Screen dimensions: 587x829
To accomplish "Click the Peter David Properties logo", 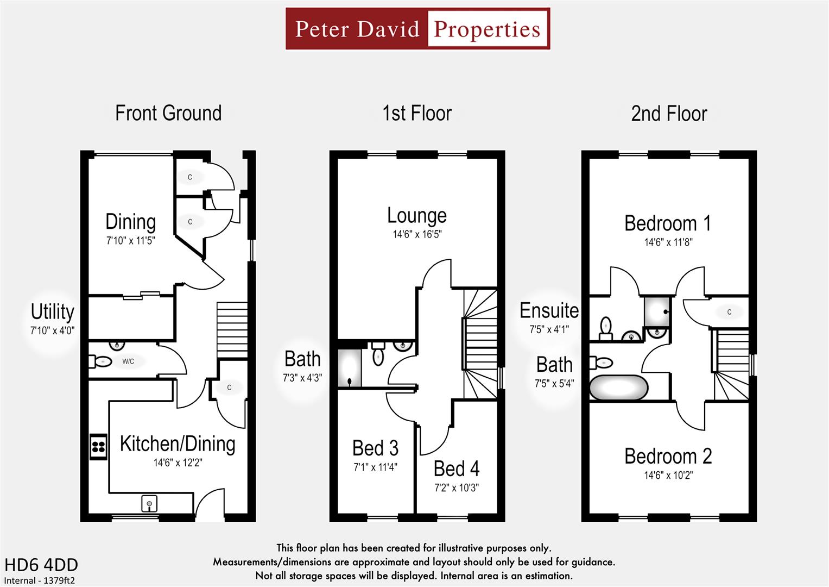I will tap(417, 29).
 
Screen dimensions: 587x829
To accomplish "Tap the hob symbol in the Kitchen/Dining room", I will tap(98, 447).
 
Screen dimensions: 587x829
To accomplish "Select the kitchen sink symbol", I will tap(149, 504).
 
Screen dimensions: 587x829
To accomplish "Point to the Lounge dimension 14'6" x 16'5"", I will tap(417, 235).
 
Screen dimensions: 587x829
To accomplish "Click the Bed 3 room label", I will tap(375, 448).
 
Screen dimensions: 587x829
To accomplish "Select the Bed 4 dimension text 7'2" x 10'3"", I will tap(456, 488).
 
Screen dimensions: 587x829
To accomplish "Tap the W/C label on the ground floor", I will tap(128, 361).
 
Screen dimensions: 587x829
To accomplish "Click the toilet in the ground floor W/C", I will tap(102, 361).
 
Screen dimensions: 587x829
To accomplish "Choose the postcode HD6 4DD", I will tap(41, 565).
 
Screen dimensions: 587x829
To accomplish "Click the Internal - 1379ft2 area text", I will tap(40, 580).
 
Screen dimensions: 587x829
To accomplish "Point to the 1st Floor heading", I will tap(417, 114).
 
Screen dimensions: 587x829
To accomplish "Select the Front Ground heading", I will tap(168, 113).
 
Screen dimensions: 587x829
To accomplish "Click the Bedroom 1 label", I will tap(667, 223).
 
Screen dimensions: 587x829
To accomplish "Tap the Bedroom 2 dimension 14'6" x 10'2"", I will tap(668, 476).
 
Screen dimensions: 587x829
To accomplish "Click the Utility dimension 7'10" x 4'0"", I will tap(52, 330).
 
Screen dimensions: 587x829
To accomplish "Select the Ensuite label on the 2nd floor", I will tap(549, 310).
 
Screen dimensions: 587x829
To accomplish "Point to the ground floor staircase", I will tap(232, 330).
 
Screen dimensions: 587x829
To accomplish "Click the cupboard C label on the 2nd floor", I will tap(729, 312).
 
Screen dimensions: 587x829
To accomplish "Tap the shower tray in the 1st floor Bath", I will tap(350, 369).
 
